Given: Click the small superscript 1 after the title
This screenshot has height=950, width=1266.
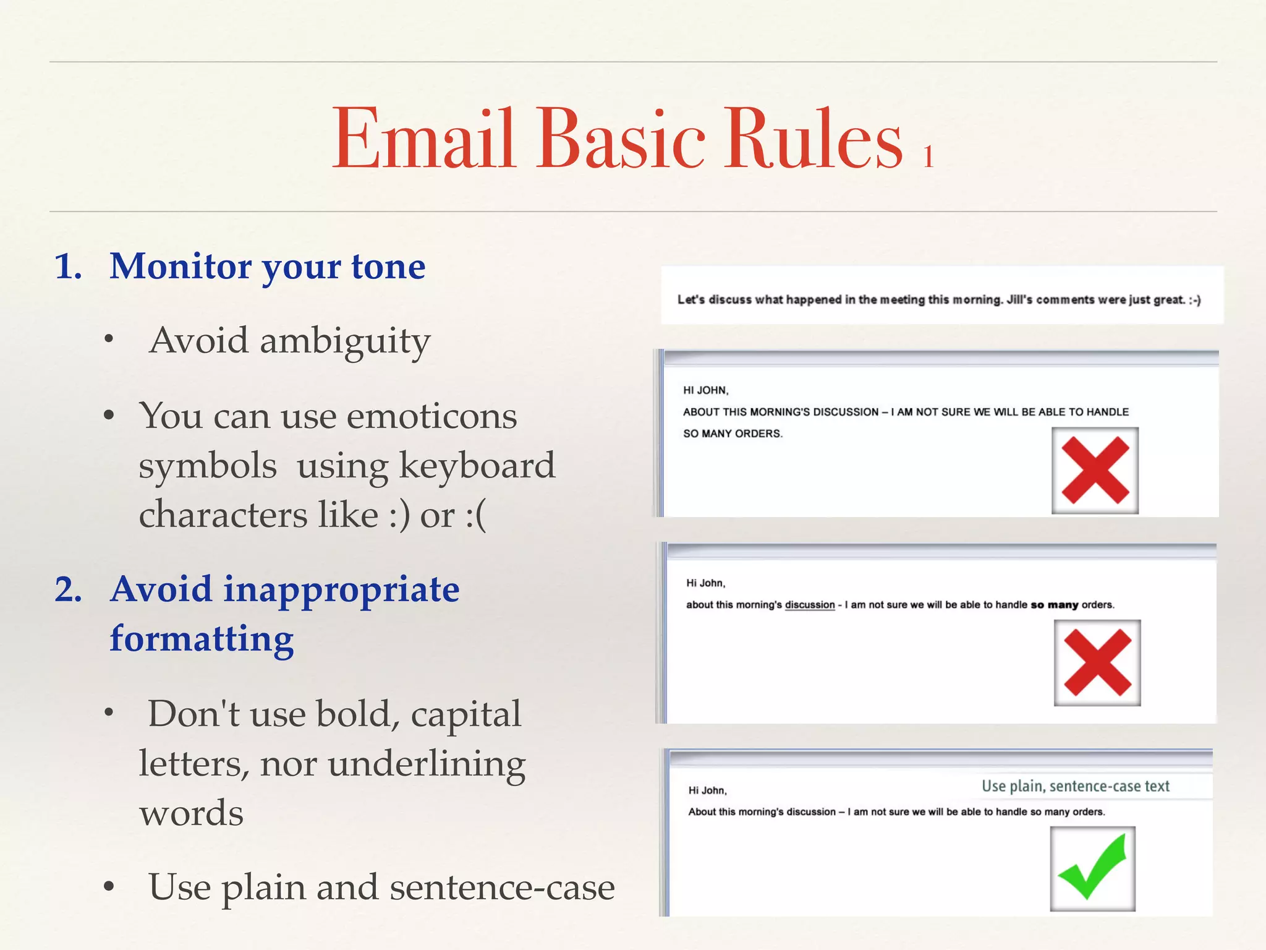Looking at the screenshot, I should point(928,157).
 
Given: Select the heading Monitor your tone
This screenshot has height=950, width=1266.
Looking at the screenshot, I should point(267,267).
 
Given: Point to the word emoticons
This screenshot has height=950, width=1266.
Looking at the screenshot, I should point(431,416).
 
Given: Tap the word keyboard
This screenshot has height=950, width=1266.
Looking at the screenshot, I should point(477,466).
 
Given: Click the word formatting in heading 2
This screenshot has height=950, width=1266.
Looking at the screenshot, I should point(202,639).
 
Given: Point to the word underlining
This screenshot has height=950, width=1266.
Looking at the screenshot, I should point(427,764).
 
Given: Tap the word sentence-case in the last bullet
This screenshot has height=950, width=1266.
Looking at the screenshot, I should point(502,888).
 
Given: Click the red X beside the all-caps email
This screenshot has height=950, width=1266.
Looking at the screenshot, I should point(1095,471).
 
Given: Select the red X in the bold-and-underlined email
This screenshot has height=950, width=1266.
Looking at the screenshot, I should point(1097,663).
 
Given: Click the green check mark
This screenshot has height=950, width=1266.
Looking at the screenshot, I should point(1092,868).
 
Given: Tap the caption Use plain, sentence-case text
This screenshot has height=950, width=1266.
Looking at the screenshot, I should point(1076,786).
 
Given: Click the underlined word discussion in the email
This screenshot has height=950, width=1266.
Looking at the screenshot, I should point(810,605).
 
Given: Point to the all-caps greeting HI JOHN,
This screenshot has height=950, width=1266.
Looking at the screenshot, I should point(705,390).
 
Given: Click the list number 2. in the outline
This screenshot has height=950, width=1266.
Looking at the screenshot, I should point(69,589).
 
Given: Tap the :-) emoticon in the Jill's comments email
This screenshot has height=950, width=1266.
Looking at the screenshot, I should point(1194,300).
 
